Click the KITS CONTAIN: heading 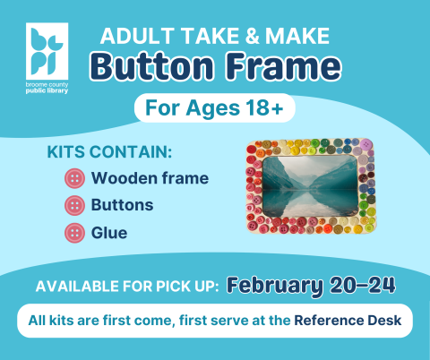108,151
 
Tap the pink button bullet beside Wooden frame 74,178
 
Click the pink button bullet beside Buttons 74,205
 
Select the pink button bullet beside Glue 74,233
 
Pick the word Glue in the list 108,233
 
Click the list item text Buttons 122,205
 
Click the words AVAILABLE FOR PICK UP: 126,287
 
